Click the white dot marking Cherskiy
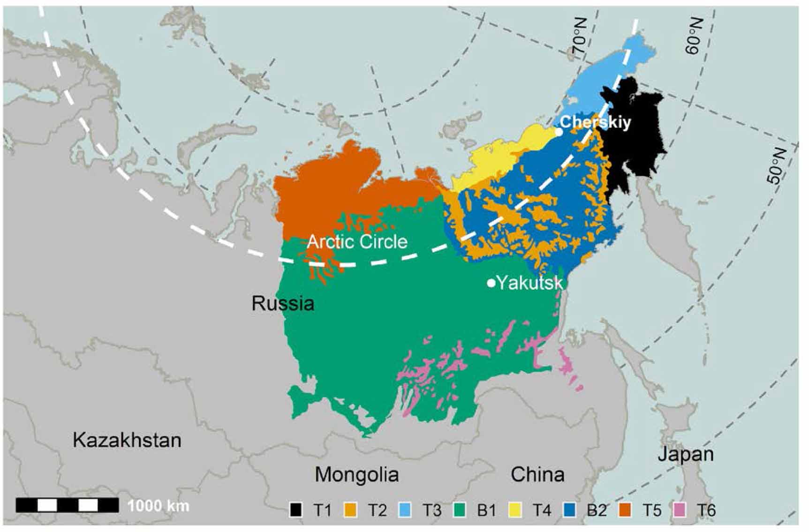point(559,132)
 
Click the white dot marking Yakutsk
point(491,283)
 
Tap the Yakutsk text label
point(529,283)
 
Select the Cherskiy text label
point(595,122)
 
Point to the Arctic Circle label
point(357,242)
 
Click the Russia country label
point(283,304)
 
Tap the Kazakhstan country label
point(127,440)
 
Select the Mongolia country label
point(356,474)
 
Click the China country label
point(537,474)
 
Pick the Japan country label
point(686,454)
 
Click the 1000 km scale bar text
point(158,506)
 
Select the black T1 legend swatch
point(296,510)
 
